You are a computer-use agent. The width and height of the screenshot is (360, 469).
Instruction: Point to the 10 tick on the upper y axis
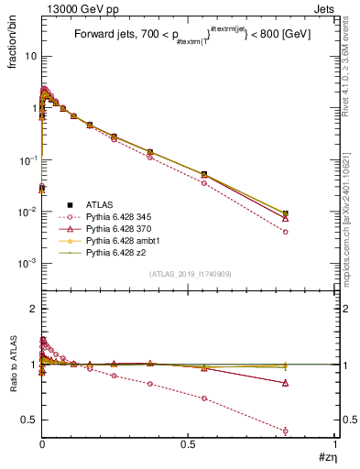coord(30,56)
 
